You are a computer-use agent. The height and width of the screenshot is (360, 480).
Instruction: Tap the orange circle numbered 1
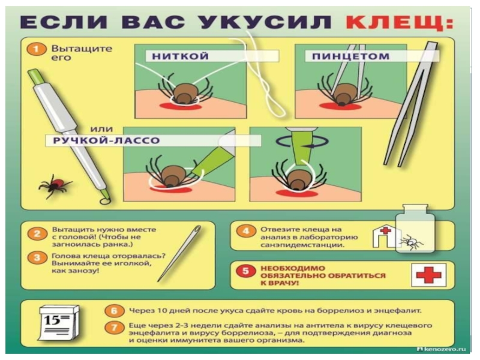click(36, 49)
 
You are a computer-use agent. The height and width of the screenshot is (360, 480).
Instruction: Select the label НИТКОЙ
click(181, 56)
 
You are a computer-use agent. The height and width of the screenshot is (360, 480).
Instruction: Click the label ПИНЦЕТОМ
click(350, 56)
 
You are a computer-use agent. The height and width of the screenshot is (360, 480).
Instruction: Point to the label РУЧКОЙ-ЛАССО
click(106, 140)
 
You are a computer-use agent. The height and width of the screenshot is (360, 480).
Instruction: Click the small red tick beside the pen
click(55, 185)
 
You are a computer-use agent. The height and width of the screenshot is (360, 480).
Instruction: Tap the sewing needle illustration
click(179, 253)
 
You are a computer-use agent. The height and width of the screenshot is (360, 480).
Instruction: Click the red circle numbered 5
click(245, 271)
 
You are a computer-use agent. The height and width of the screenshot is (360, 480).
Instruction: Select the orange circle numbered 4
click(245, 231)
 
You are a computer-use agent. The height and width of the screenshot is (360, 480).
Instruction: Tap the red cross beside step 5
click(428, 275)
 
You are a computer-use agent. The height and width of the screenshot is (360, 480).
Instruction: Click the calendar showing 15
click(59, 323)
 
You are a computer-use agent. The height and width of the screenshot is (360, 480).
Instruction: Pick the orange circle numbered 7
click(113, 328)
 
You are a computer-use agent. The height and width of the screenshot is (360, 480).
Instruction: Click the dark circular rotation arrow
click(302, 142)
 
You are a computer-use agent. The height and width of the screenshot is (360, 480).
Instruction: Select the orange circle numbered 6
click(113, 311)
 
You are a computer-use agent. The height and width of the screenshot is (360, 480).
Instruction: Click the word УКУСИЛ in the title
click(266, 22)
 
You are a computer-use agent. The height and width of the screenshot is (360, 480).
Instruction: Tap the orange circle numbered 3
click(37, 258)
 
